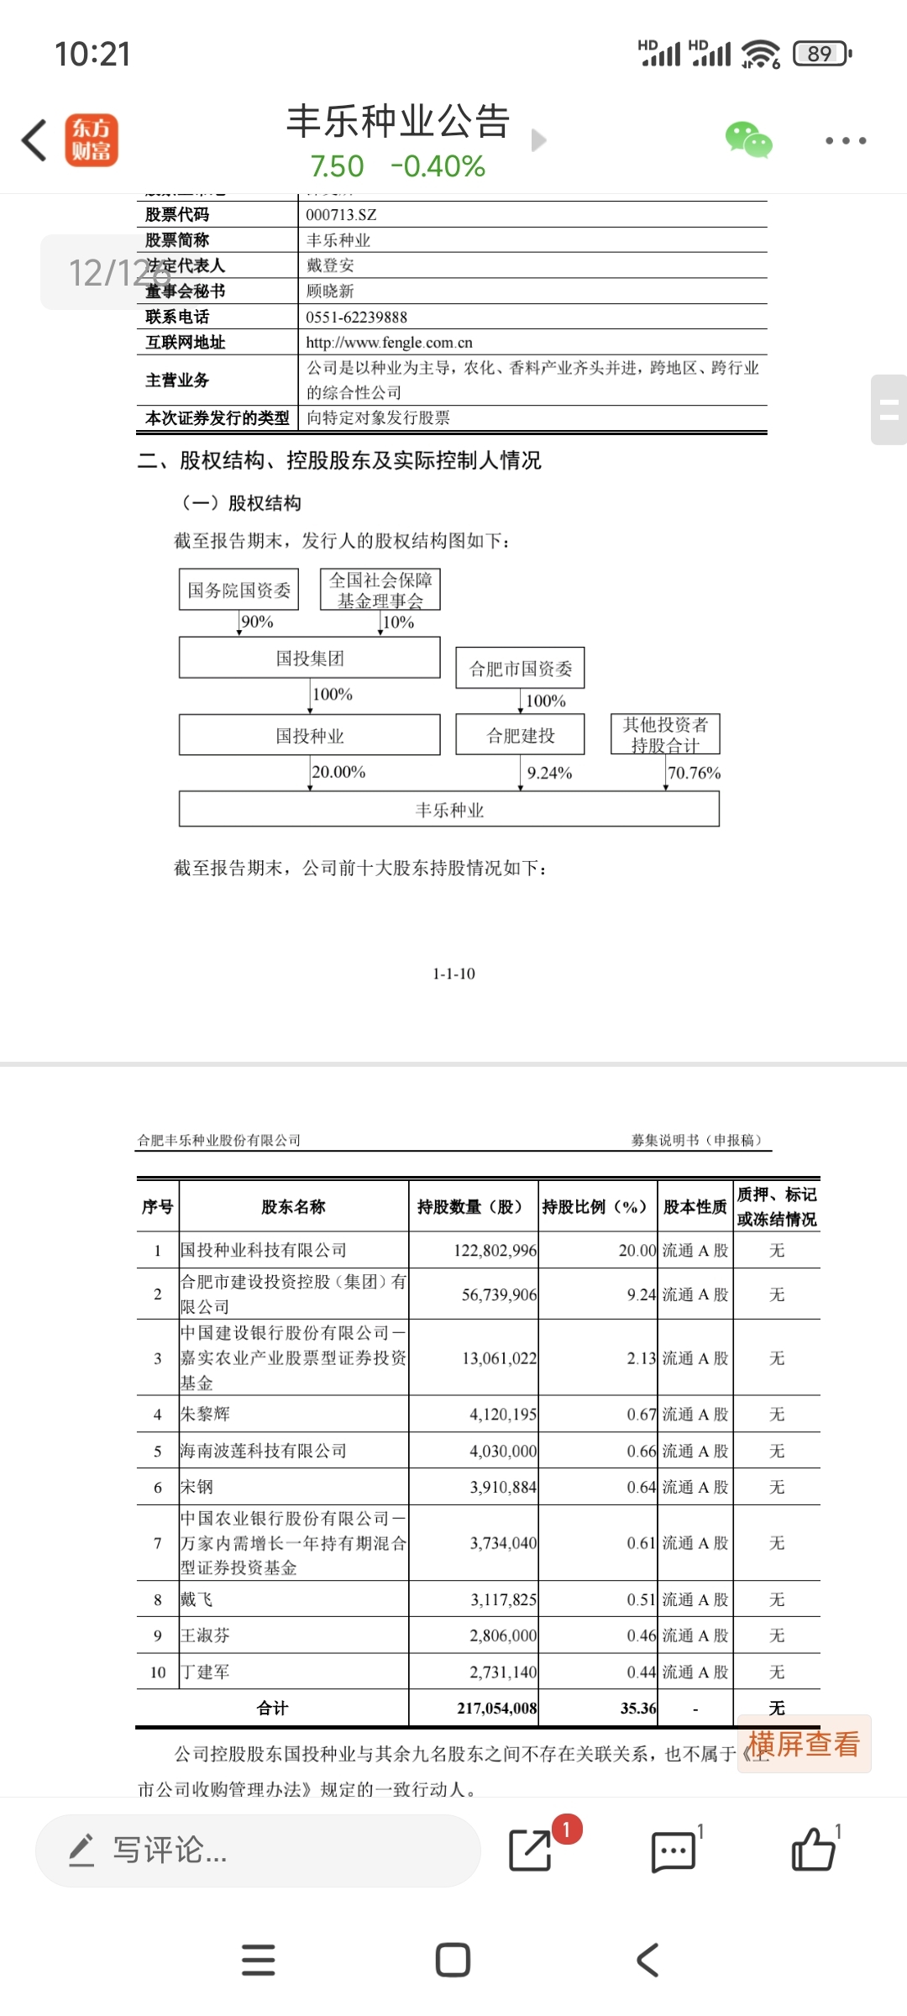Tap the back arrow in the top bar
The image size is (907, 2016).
coord(34,140)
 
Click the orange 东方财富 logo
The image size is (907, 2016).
coord(92,140)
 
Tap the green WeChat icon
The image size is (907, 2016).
coord(748,140)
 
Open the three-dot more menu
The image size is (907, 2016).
coord(845,140)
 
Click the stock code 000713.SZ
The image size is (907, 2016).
coord(341,215)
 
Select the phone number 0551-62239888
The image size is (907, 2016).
coord(356,318)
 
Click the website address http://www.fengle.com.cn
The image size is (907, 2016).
coord(389,343)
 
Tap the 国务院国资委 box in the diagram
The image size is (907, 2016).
coord(239,590)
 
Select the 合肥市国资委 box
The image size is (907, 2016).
coord(520,669)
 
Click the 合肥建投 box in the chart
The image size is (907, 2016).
coord(520,736)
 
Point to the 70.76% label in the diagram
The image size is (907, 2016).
coord(694,773)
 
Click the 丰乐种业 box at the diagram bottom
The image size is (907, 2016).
coord(449,810)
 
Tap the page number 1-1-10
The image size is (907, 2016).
coord(453,974)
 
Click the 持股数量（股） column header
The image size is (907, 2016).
coord(470,1207)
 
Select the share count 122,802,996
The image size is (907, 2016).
coord(495,1251)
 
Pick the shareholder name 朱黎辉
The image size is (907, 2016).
coord(205,1415)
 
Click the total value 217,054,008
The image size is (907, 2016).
coord(496,1708)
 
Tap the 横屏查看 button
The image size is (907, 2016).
coord(804,1745)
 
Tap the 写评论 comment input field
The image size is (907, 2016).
coord(257,1850)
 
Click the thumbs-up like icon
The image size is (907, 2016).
coord(813,1850)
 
